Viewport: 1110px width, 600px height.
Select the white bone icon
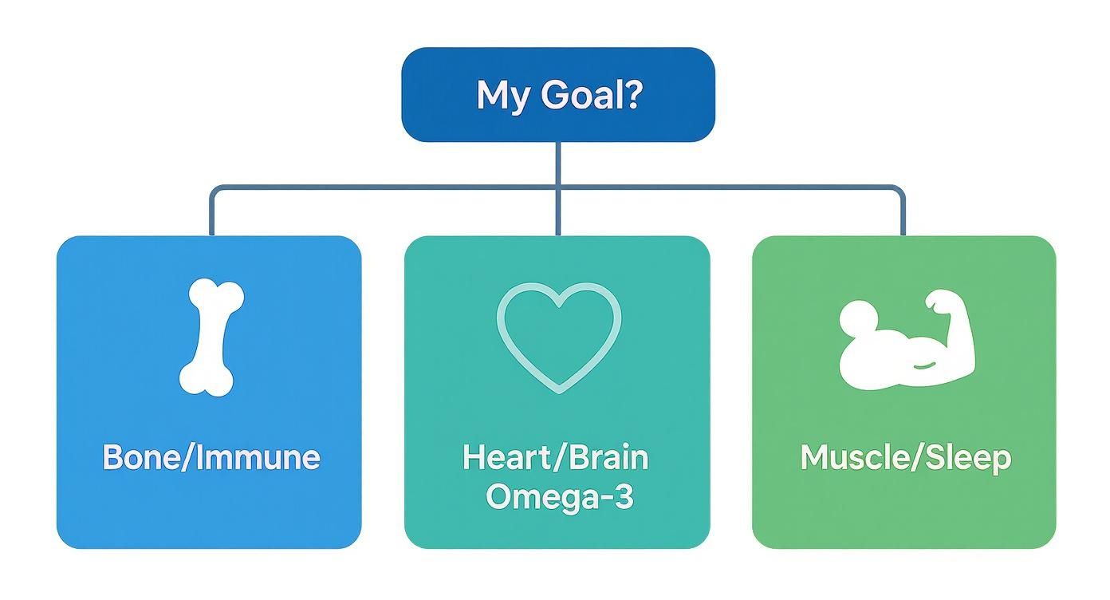pos(211,337)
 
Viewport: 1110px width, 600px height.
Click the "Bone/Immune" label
pos(211,457)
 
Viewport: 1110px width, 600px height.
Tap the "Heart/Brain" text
pos(556,457)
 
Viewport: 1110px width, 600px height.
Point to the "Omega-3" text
pos(559,496)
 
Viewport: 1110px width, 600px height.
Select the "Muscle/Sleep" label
pos(905,457)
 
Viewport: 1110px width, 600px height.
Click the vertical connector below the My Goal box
pos(557,164)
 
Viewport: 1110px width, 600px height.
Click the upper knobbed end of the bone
pos(216,295)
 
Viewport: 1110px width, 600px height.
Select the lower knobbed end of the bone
pos(206,378)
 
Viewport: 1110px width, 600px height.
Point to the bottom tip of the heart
pos(557,389)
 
